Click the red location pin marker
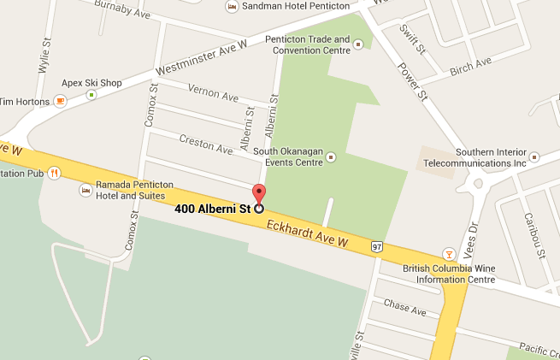258,193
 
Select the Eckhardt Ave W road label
308,234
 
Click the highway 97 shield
377,246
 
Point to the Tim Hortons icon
60,101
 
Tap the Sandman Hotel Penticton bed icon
231,6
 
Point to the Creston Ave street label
205,143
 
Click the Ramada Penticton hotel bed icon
85,189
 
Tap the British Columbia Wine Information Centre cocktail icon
446,253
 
